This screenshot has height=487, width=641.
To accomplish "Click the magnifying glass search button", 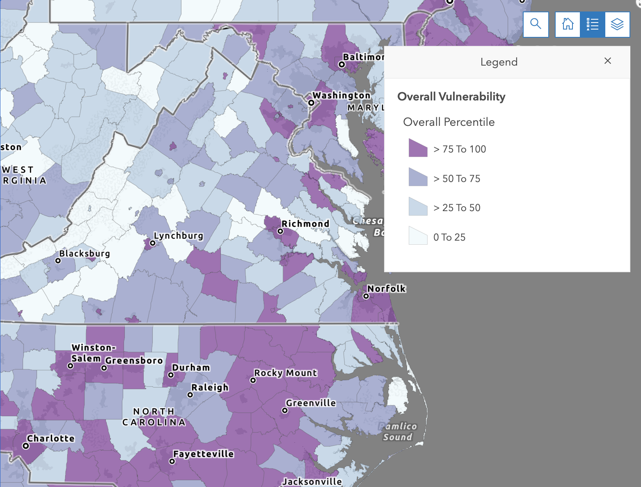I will (536, 25).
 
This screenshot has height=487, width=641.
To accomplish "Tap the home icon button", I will (568, 25).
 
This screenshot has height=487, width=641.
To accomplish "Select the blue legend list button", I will (593, 25).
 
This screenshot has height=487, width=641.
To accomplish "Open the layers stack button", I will (617, 25).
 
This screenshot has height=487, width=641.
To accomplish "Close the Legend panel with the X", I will (608, 61).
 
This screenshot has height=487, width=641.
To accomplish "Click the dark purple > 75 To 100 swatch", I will (418, 148).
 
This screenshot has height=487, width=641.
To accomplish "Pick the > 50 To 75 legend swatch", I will (418, 178).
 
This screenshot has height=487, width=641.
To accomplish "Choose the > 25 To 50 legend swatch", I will (418, 207).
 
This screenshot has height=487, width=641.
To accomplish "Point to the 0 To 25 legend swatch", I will (418, 236).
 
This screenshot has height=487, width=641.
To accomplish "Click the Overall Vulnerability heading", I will (451, 97).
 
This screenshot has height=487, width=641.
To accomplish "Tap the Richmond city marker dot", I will (280, 231).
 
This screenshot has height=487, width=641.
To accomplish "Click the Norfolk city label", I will (387, 289).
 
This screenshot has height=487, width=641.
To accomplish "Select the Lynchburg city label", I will (179, 236).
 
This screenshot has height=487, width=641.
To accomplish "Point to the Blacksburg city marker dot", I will (58, 261).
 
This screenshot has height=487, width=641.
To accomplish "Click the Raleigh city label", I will (210, 387).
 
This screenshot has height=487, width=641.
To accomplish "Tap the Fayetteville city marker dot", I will (172, 461).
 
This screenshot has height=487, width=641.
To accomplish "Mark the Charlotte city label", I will (51, 438).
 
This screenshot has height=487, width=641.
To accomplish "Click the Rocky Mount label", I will (286, 373).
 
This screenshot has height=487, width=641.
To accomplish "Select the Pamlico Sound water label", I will (398, 432).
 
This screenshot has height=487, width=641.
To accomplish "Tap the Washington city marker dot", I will (311, 103).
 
